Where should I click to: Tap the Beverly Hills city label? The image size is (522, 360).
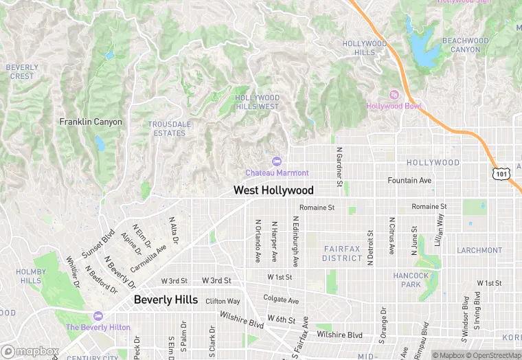click(166, 300)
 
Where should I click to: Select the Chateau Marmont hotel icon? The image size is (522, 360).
click(277, 161)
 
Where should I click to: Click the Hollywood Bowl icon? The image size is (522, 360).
click(394, 94)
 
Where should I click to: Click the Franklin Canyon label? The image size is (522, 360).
click(91, 122)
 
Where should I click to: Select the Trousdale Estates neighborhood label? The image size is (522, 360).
click(169, 128)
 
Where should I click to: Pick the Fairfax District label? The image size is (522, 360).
click(342, 254)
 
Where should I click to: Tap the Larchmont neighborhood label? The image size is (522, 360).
click(479, 250)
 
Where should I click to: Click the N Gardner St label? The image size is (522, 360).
click(339, 166)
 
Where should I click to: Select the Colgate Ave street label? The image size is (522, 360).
click(281, 300)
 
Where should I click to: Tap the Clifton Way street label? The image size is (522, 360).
click(223, 301)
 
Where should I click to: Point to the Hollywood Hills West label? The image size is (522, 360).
click(258, 102)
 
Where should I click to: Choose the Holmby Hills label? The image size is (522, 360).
click(30, 276)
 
